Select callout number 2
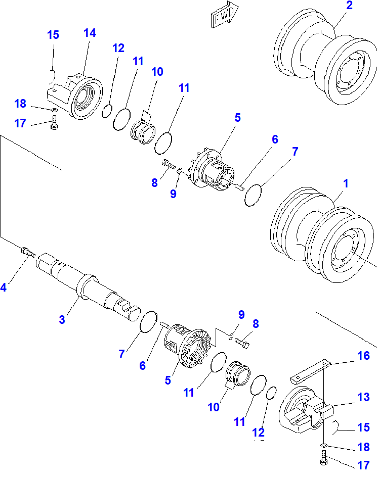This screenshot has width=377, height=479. pos(349,6)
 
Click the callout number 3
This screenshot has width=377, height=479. pos(62,319)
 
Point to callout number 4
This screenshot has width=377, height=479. pos(4,288)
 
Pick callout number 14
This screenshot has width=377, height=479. pos(90,33)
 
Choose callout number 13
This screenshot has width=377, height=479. pos(362,397)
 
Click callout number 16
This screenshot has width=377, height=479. pos(363,356)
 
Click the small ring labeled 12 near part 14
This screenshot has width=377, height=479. pos(107,111)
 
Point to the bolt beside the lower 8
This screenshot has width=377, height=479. pos(243,344)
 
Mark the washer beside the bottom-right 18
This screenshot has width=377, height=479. pos(323,445)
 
